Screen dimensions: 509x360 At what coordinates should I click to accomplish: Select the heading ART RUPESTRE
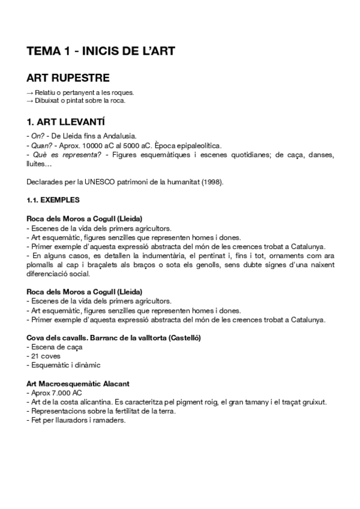[68, 79]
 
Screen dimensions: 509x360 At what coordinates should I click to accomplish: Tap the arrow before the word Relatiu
[30, 92]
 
